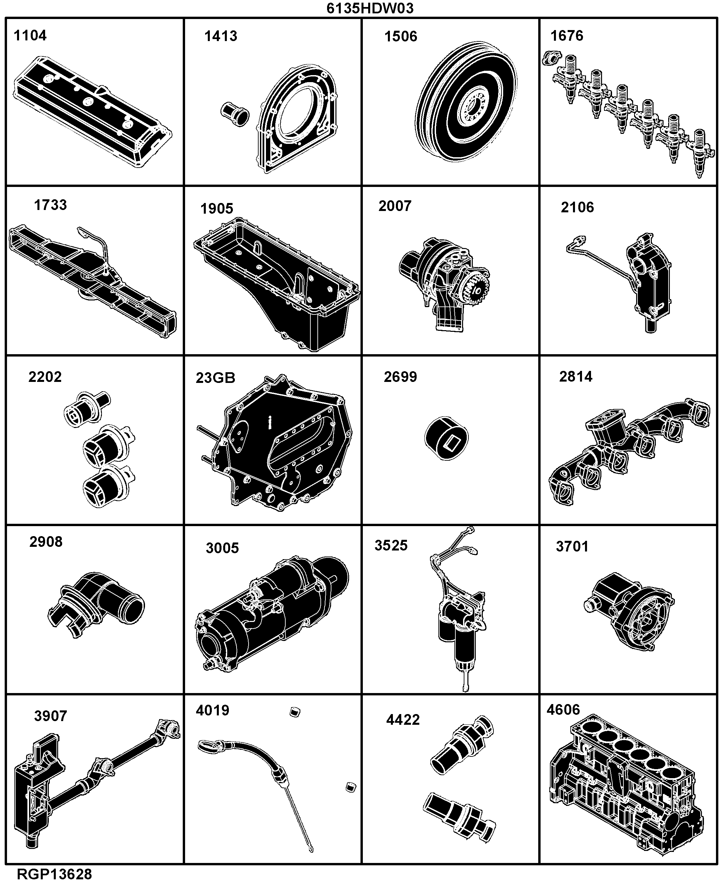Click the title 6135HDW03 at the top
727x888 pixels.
point(370,8)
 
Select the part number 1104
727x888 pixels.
point(30,36)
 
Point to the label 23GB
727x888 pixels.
point(215,378)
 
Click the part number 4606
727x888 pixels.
point(563,710)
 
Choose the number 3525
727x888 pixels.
point(391,546)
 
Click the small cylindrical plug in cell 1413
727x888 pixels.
point(235,114)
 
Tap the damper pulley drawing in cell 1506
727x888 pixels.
point(466,101)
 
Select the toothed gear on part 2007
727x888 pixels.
point(476,289)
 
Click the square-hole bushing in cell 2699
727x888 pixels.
point(446,438)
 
